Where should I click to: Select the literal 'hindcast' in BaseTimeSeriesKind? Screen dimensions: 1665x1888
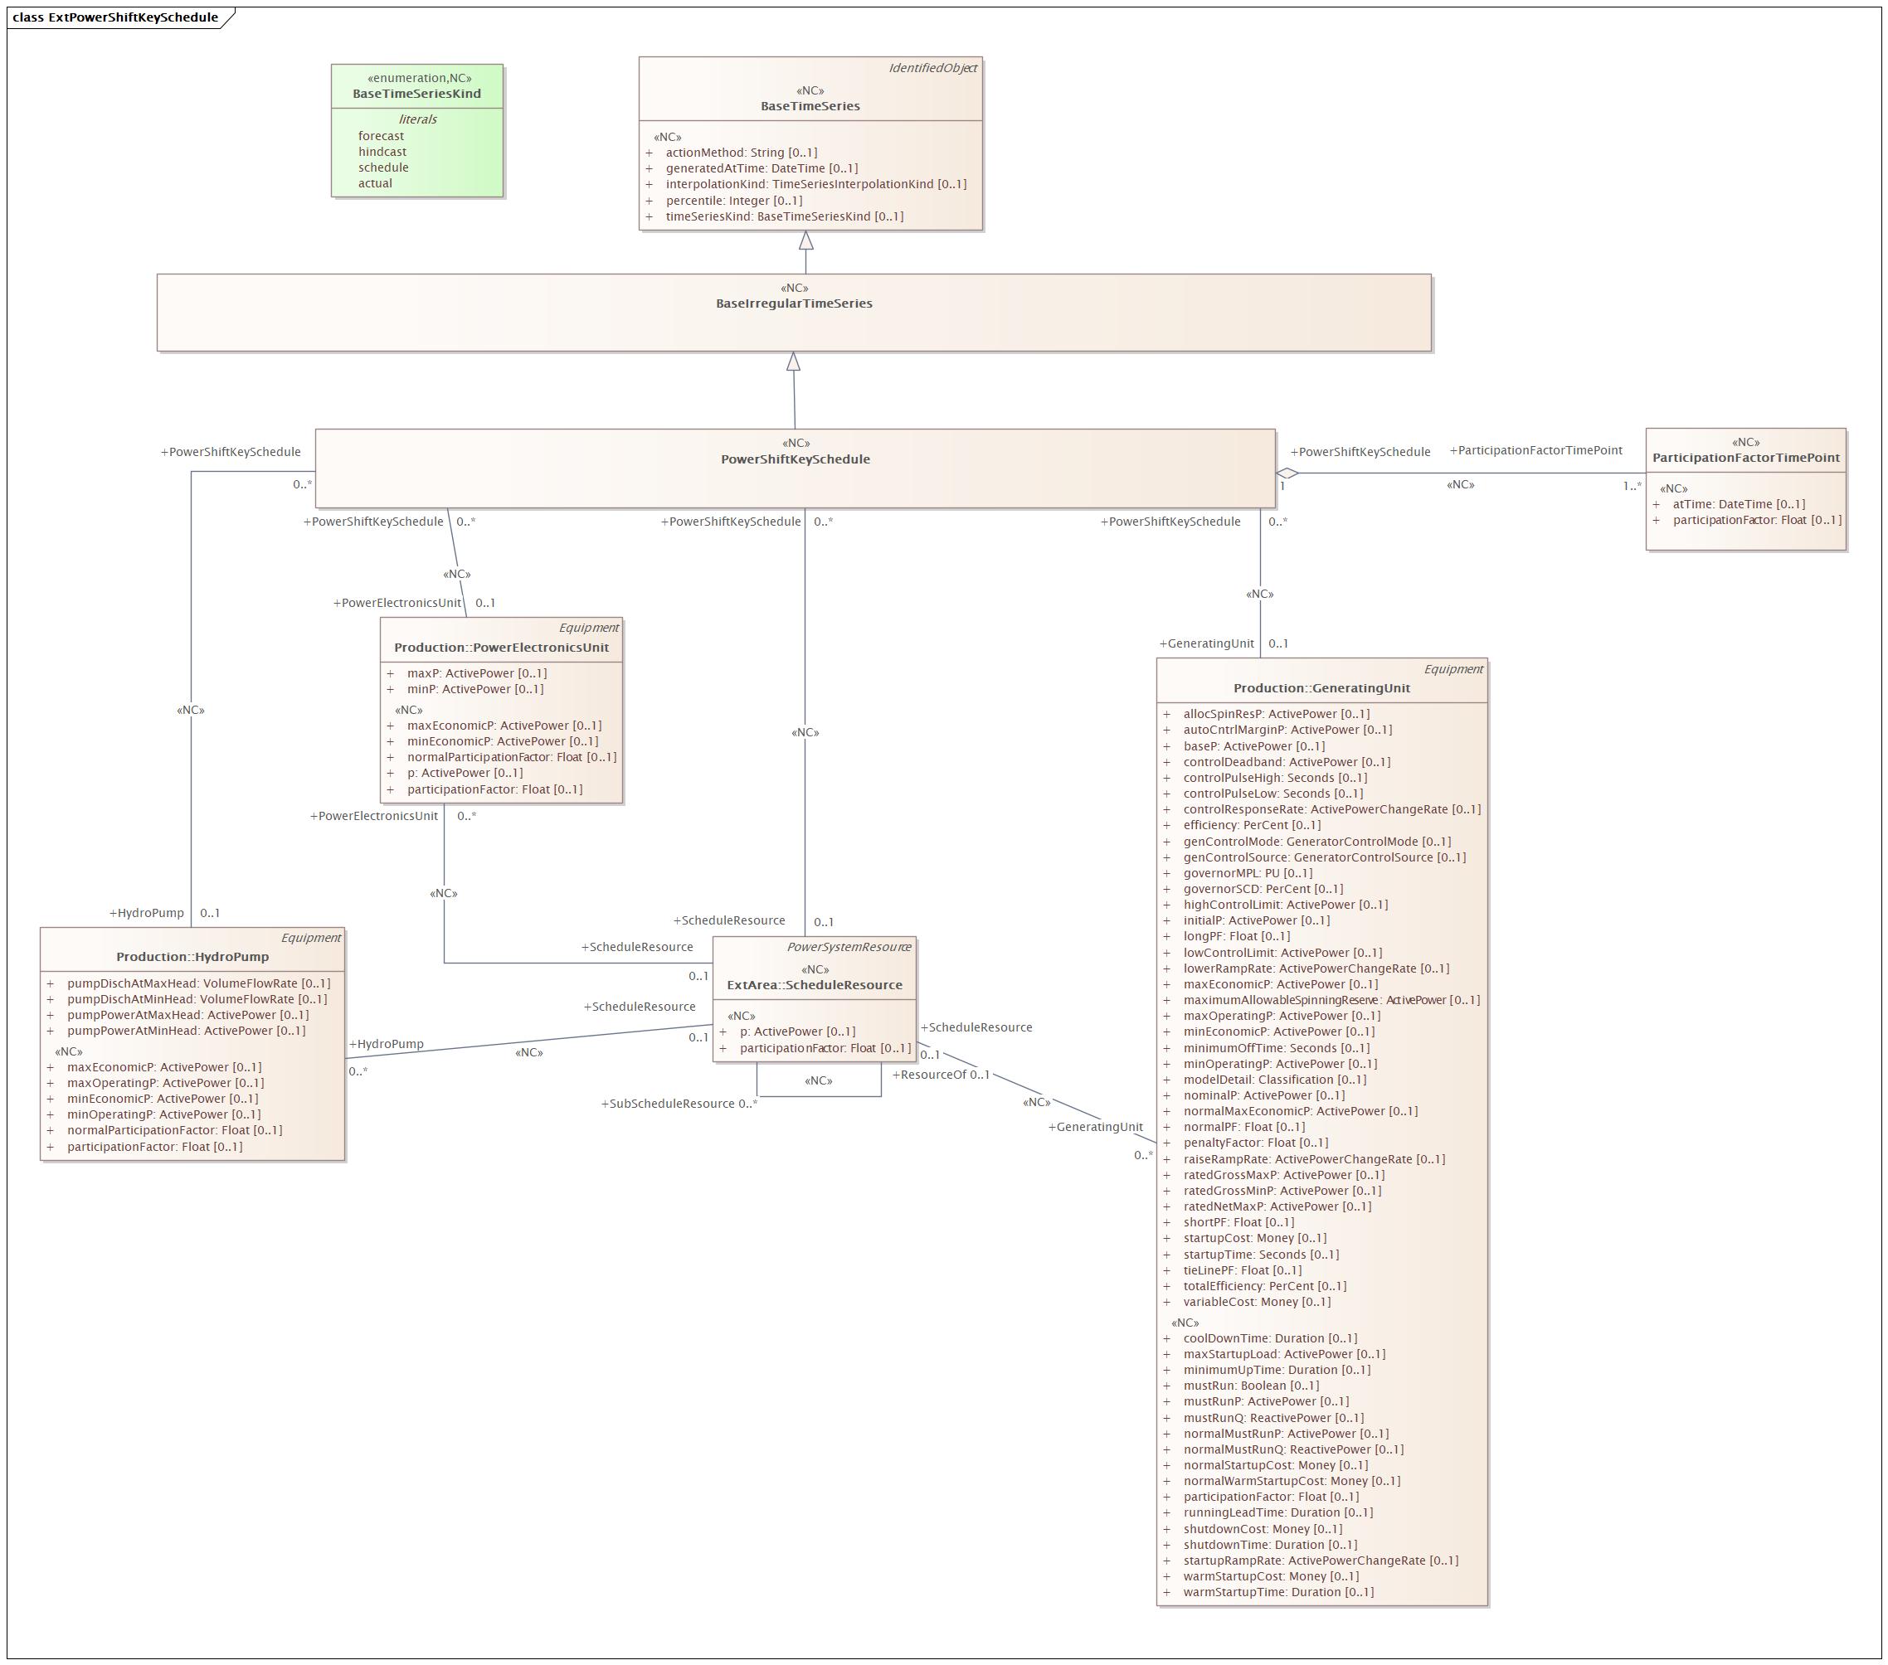[382, 152]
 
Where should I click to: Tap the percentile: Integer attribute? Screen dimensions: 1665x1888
[733, 201]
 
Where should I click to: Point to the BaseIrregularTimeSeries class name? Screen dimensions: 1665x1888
[793, 303]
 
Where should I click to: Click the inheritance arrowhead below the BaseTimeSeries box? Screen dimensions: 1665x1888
[806, 241]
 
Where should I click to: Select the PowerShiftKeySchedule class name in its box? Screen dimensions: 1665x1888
[796, 459]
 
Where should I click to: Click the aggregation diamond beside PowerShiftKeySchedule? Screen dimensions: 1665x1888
[1287, 473]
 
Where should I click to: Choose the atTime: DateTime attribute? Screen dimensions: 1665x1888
[1737, 504]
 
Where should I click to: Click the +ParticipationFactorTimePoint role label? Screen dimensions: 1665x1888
[1535, 450]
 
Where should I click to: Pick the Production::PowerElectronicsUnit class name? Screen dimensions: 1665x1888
[502, 648]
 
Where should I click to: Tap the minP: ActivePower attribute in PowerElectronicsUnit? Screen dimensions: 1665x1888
[474, 689]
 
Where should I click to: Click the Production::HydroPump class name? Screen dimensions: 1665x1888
[192, 957]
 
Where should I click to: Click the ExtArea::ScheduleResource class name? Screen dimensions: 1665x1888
[814, 984]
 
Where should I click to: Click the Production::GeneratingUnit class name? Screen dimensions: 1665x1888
[1321, 688]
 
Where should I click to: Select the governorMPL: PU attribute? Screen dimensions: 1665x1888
[1247, 872]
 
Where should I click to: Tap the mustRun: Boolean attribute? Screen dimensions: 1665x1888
[1251, 1386]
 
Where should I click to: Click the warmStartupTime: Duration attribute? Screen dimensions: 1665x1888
[1277, 1591]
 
